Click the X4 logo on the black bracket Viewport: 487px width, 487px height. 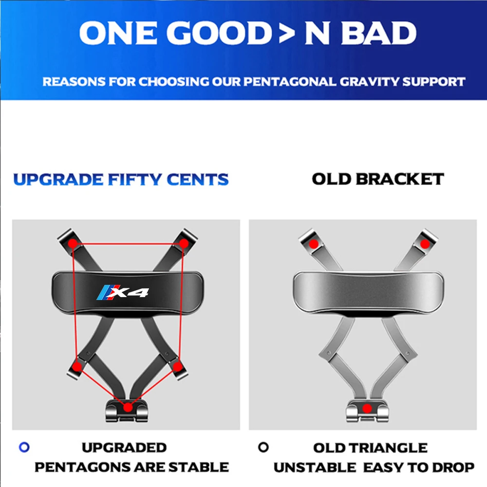pyautogui.click(x=123, y=292)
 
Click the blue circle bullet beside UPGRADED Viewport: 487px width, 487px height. pyautogui.click(x=24, y=447)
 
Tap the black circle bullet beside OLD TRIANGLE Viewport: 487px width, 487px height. pyautogui.click(x=263, y=447)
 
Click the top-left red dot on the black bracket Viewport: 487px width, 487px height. pyautogui.click(x=73, y=243)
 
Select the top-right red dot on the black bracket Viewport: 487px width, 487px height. pyautogui.click(x=184, y=243)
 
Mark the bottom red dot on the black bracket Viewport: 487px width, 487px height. pyautogui.click(x=128, y=408)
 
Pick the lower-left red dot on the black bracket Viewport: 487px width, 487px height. pyautogui.click(x=77, y=367)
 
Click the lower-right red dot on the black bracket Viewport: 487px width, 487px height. pyautogui.click(x=177, y=367)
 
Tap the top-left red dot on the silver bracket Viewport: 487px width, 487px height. pyautogui.click(x=314, y=244)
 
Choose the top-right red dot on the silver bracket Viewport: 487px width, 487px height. pyautogui.click(x=425, y=244)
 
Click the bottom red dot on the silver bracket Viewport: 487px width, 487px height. pyautogui.click(x=367, y=409)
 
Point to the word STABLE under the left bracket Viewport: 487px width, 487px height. pyautogui.click(x=199, y=467)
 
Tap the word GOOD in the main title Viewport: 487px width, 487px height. pyautogui.click(x=220, y=33)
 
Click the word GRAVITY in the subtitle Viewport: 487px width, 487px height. pyautogui.click(x=369, y=82)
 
